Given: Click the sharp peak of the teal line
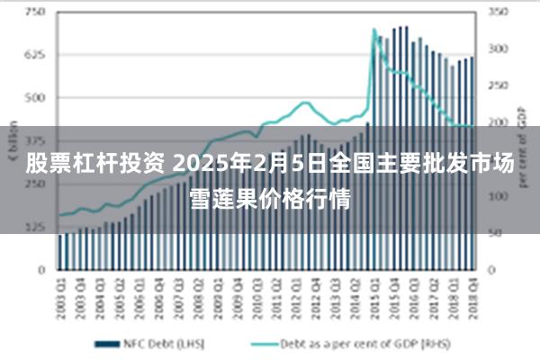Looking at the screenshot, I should tap(373, 30).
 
